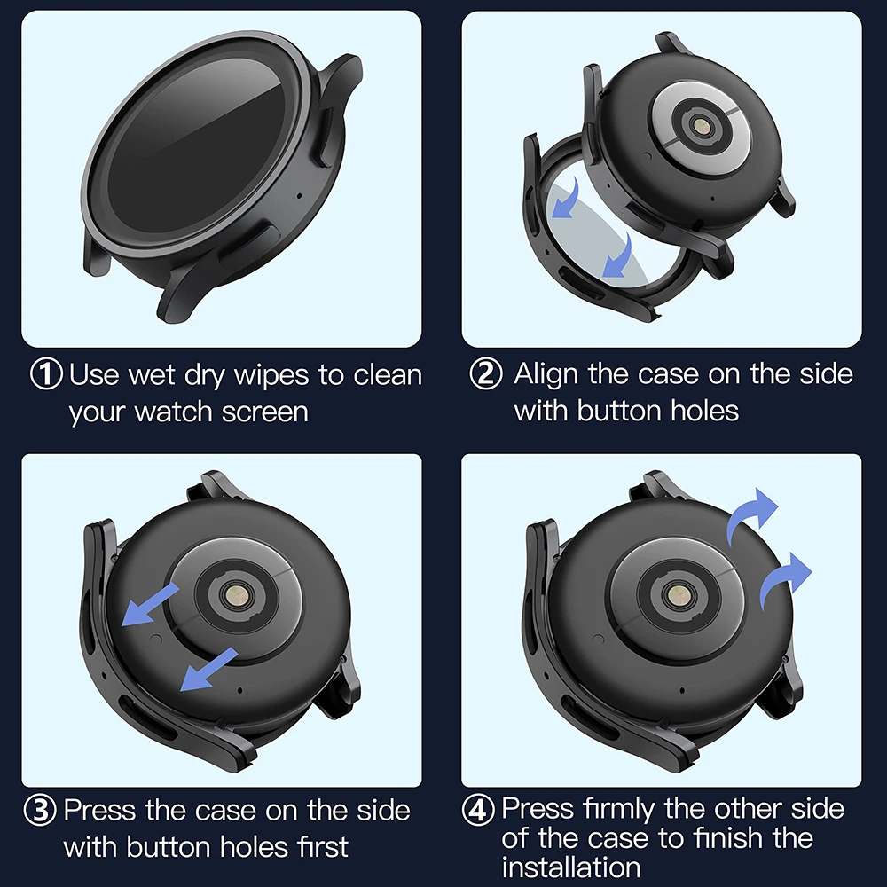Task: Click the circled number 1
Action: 47,374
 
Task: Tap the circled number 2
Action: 485,374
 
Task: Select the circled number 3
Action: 41,811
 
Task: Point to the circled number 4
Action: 480,811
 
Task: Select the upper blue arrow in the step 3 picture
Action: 150,606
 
